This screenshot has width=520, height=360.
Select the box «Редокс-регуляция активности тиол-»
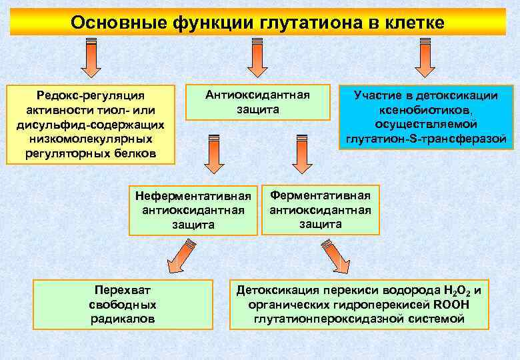pos(91,125)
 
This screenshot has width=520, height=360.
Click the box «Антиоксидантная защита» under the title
pos(257,102)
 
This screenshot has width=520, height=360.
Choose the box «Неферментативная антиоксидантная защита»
pos(193,210)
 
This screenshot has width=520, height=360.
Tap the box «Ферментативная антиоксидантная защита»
pos(320,209)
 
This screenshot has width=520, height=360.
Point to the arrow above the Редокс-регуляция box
pos(91,59)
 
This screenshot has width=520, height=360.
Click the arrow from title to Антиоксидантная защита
pos(257,59)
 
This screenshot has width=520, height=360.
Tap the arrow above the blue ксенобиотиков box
pos(425,59)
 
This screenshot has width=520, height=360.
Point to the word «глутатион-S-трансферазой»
pos(427,139)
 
